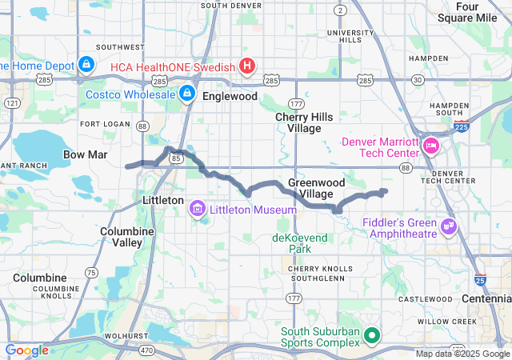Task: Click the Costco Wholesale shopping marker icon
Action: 186,94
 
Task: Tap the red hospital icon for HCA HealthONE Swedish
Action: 247,66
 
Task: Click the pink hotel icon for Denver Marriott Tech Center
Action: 431,146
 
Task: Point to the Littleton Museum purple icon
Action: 197,210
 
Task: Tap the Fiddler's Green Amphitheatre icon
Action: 449,227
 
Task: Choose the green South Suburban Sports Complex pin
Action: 370,337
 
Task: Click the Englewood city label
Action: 230,96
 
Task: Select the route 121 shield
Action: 11,103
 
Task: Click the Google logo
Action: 27,350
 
